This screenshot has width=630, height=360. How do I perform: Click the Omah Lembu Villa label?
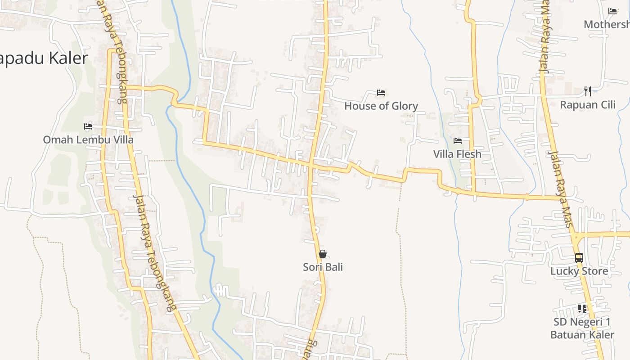[x=88, y=139]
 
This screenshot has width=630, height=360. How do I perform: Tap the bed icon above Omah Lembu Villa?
[x=88, y=126]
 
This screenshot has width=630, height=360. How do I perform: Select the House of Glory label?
[x=381, y=106]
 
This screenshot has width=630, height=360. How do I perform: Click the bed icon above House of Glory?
[x=381, y=93]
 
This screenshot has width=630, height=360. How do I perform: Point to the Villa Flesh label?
[x=457, y=154]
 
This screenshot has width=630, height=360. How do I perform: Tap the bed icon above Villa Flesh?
[x=458, y=141]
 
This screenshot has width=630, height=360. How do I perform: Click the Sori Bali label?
[x=323, y=267]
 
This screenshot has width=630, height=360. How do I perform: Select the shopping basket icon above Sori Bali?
[x=322, y=254]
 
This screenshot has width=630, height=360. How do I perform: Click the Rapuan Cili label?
[x=588, y=105]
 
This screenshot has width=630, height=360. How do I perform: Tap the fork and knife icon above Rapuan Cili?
[x=588, y=91]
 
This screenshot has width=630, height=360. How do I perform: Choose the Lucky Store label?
[x=579, y=271]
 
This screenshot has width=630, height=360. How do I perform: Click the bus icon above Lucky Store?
[x=579, y=258]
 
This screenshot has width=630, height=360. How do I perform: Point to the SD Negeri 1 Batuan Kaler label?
[x=582, y=328]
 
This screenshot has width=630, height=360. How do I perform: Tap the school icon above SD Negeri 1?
[x=582, y=309]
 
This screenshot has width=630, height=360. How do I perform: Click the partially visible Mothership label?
[x=607, y=24]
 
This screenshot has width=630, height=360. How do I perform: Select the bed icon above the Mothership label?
[x=612, y=11]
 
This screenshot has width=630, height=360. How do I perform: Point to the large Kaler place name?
[x=44, y=58]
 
